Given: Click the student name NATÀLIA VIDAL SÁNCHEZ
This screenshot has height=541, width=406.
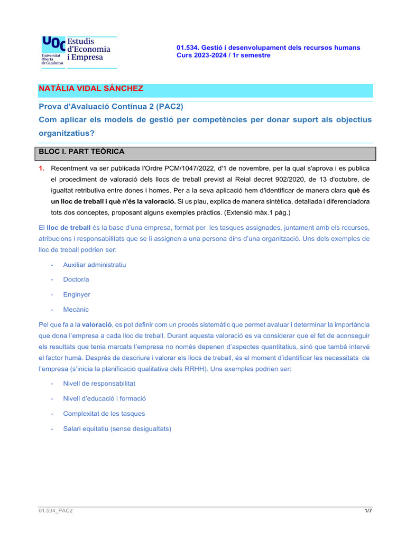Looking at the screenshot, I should [91, 89].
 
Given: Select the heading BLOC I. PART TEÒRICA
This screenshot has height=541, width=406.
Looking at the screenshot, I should [82, 152].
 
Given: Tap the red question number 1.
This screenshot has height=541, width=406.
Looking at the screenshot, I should [41, 168].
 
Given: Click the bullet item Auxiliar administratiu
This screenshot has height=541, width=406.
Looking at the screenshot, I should [95, 264].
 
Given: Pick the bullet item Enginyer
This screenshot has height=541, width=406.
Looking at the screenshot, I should [77, 294].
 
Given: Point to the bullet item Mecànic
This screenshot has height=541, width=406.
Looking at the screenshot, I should [76, 310].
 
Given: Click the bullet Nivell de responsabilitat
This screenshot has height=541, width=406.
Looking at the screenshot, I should [99, 383].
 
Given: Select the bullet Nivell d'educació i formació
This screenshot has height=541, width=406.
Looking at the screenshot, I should [105, 398].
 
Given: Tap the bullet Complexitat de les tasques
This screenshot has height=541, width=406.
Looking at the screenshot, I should [104, 414].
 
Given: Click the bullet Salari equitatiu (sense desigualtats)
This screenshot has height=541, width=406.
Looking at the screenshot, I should [117, 429].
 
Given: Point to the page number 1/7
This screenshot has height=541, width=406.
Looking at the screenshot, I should [368, 511].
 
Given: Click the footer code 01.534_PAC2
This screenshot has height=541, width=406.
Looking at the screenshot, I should [56, 511].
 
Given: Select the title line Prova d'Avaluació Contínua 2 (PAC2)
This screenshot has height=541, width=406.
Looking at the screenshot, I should [111, 106].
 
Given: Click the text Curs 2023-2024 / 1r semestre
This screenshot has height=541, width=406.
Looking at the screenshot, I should [223, 55].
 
